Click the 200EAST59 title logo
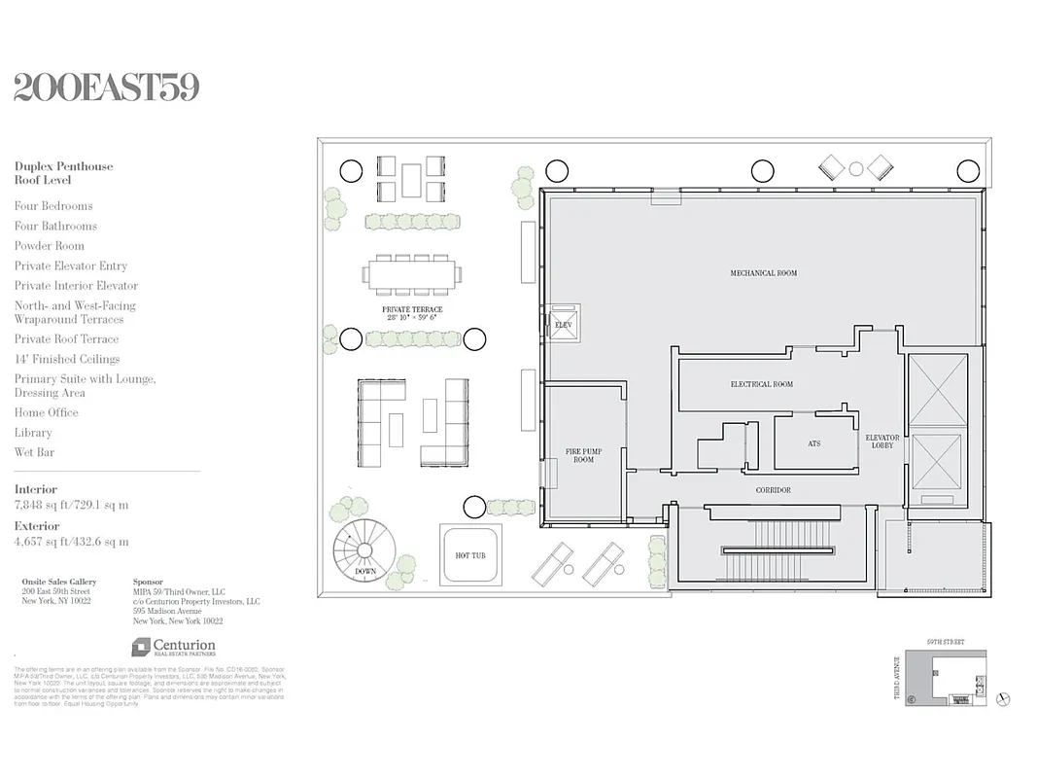click(107, 88)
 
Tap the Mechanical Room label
click(763, 273)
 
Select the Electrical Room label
click(761, 384)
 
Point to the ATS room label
click(813, 443)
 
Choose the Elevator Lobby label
click(882, 442)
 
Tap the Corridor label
click(773, 490)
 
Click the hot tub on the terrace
click(470, 554)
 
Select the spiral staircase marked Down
click(365, 553)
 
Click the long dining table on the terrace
click(413, 274)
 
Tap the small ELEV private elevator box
click(563, 322)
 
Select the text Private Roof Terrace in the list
click(66, 339)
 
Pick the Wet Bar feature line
click(34, 452)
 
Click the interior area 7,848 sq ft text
click(71, 505)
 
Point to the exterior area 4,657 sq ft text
click(71, 542)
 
